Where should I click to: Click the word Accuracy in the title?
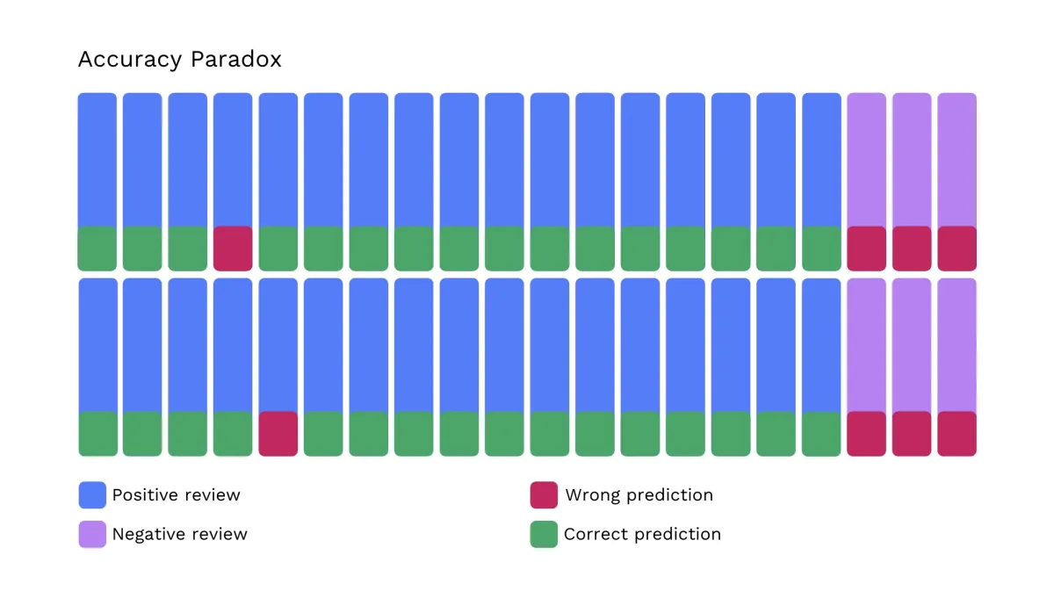[x=130, y=61]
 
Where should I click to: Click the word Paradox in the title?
[x=235, y=60]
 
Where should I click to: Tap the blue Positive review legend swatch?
[x=92, y=495]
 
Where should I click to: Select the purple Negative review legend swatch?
[x=92, y=534]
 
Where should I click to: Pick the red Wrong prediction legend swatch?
[x=544, y=495]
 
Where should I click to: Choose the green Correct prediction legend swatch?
[x=544, y=534]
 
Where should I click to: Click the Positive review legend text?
[x=177, y=495]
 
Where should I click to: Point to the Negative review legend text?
[x=180, y=534]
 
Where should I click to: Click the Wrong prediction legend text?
[x=639, y=495]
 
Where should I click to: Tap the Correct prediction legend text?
[x=642, y=534]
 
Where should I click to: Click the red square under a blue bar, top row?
[x=233, y=249]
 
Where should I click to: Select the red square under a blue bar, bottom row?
[x=278, y=434]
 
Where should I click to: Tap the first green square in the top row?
[x=97, y=249]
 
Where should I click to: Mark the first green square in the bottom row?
[x=97, y=434]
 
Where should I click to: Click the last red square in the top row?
[x=957, y=249]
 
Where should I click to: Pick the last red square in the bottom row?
[x=957, y=434]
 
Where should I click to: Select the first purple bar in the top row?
[x=867, y=160]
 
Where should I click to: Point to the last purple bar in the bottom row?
[x=957, y=345]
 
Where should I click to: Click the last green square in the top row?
[x=821, y=249]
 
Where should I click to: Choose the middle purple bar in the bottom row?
[x=912, y=345]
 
